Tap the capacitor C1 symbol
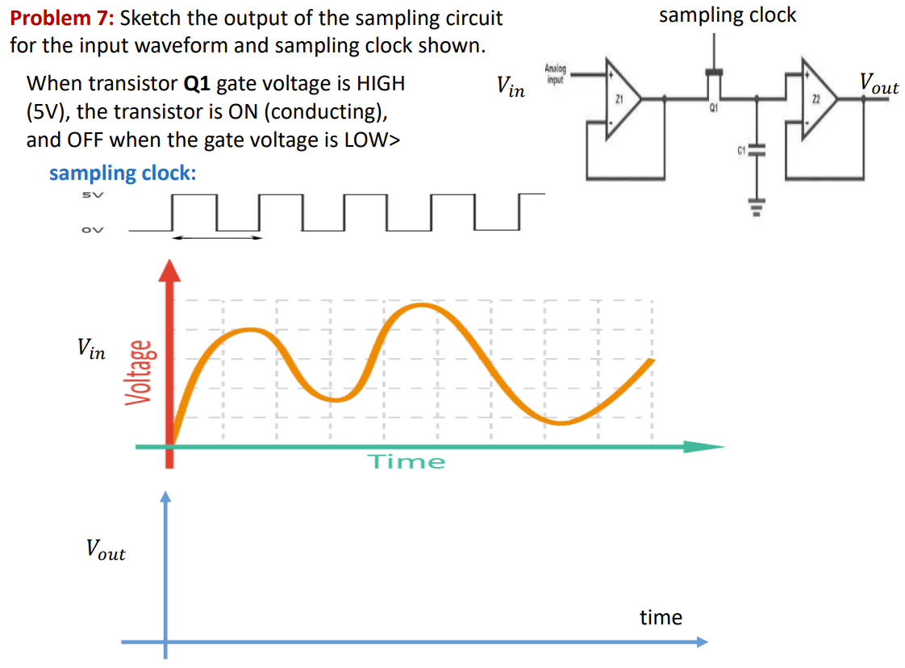756,151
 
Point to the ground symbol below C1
756,204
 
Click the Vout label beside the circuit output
878,83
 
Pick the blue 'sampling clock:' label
123,173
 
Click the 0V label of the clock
91,229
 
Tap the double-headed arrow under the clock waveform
218,237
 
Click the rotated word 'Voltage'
138,372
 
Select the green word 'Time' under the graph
407,461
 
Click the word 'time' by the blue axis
661,617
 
